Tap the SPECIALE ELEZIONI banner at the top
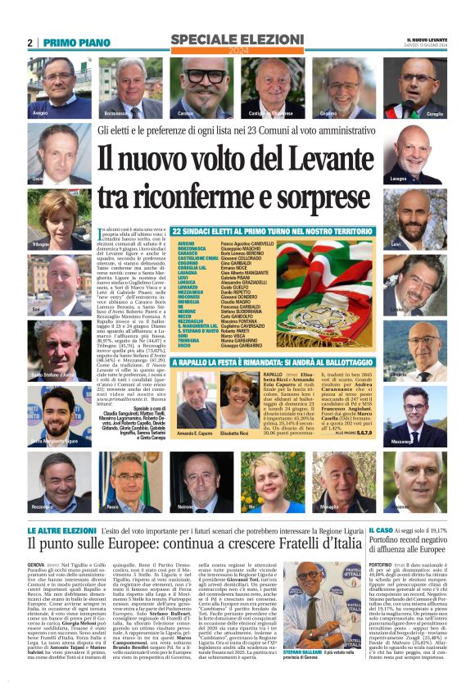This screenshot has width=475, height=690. [x=237, y=41]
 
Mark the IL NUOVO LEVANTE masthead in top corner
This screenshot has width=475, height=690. [x=426, y=39]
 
